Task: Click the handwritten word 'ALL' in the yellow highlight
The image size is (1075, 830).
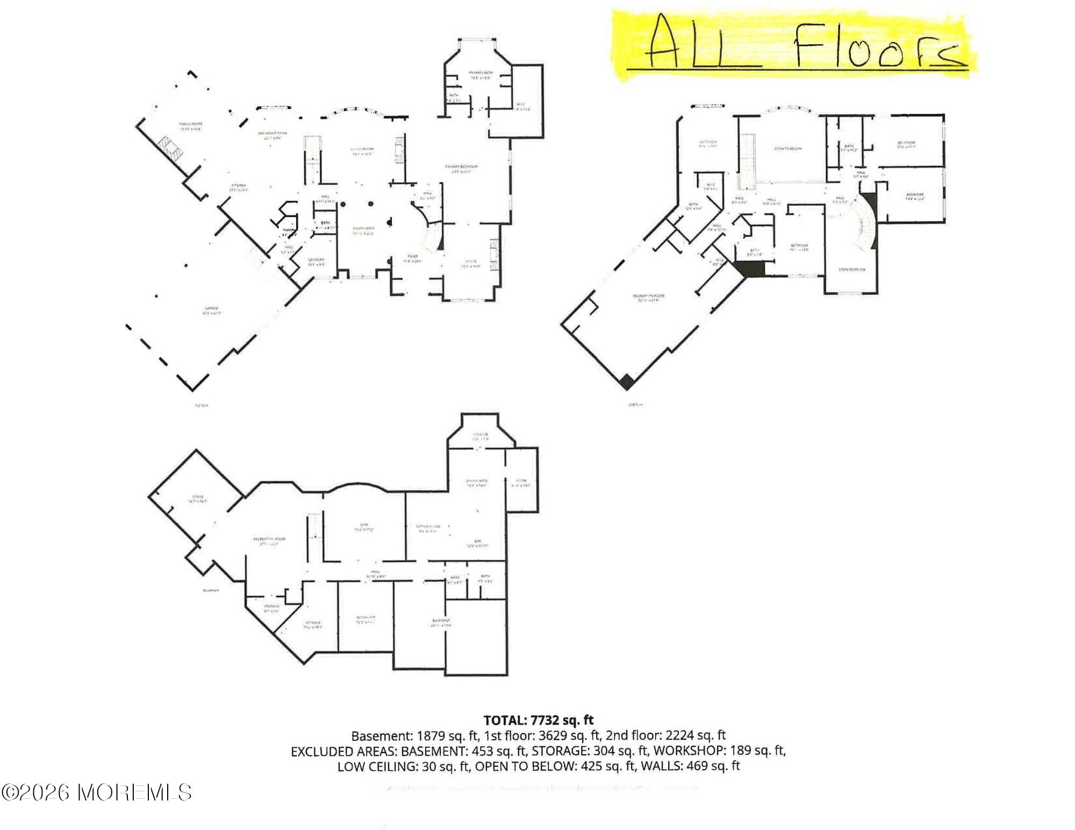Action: click(699, 43)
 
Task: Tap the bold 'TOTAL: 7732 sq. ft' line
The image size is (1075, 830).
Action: click(539, 720)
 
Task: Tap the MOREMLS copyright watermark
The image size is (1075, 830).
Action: click(97, 792)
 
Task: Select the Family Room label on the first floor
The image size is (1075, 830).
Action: click(190, 126)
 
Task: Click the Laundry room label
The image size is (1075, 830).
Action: click(316, 262)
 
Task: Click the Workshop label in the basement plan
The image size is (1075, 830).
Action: click(365, 619)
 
